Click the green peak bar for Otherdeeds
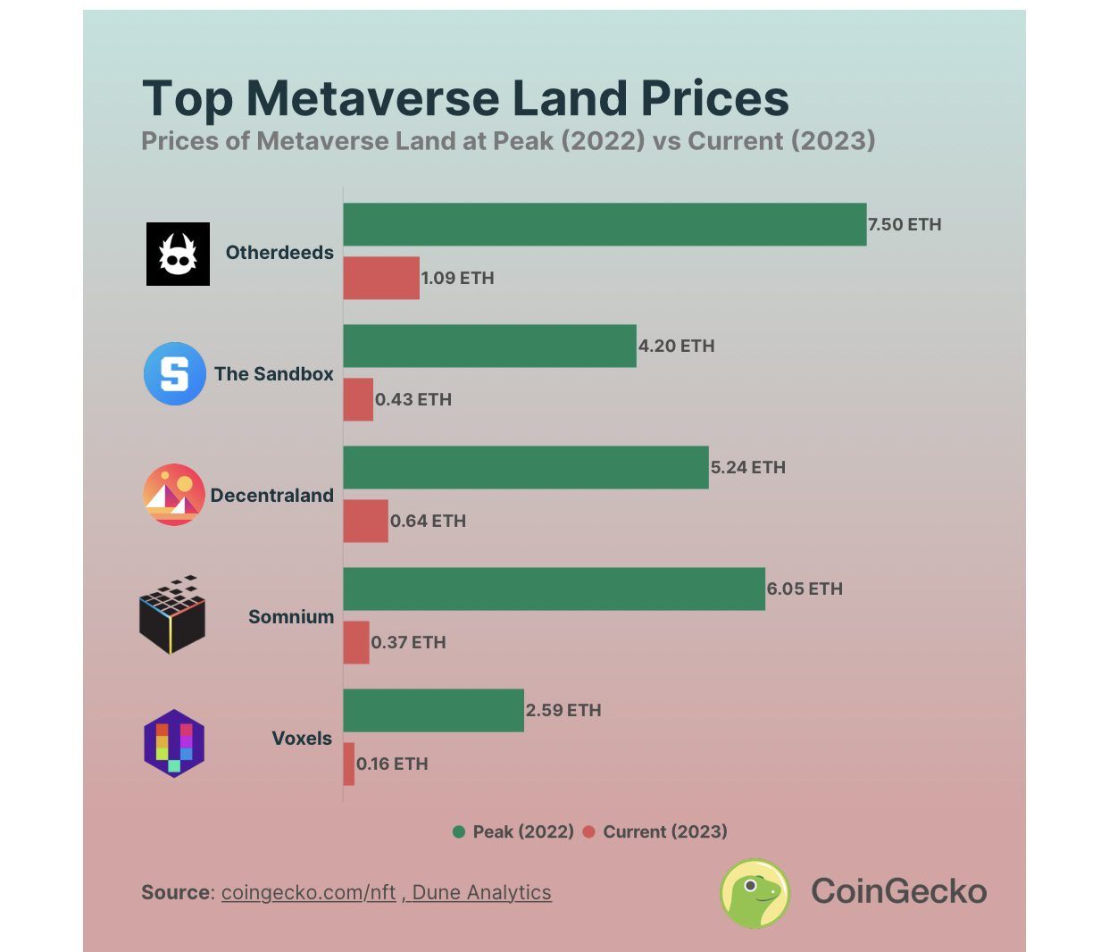click(x=605, y=224)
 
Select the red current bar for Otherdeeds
click(x=381, y=278)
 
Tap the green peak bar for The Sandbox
click(x=489, y=346)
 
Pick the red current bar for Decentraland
click(x=366, y=521)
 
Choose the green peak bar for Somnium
click(x=554, y=589)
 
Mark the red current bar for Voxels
click(x=349, y=764)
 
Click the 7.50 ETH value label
click(x=905, y=224)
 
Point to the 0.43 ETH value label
click(x=413, y=399)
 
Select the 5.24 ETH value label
click(x=748, y=467)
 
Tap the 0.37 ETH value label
click(x=408, y=642)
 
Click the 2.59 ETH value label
click(x=563, y=710)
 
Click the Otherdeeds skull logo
click(x=178, y=254)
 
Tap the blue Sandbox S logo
click(x=175, y=373)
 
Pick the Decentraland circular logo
click(x=174, y=495)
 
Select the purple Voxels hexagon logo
click(x=174, y=743)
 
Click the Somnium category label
click(x=291, y=617)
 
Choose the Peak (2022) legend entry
click(x=513, y=831)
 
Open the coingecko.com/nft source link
click(x=308, y=892)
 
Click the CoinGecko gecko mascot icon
click(x=755, y=892)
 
